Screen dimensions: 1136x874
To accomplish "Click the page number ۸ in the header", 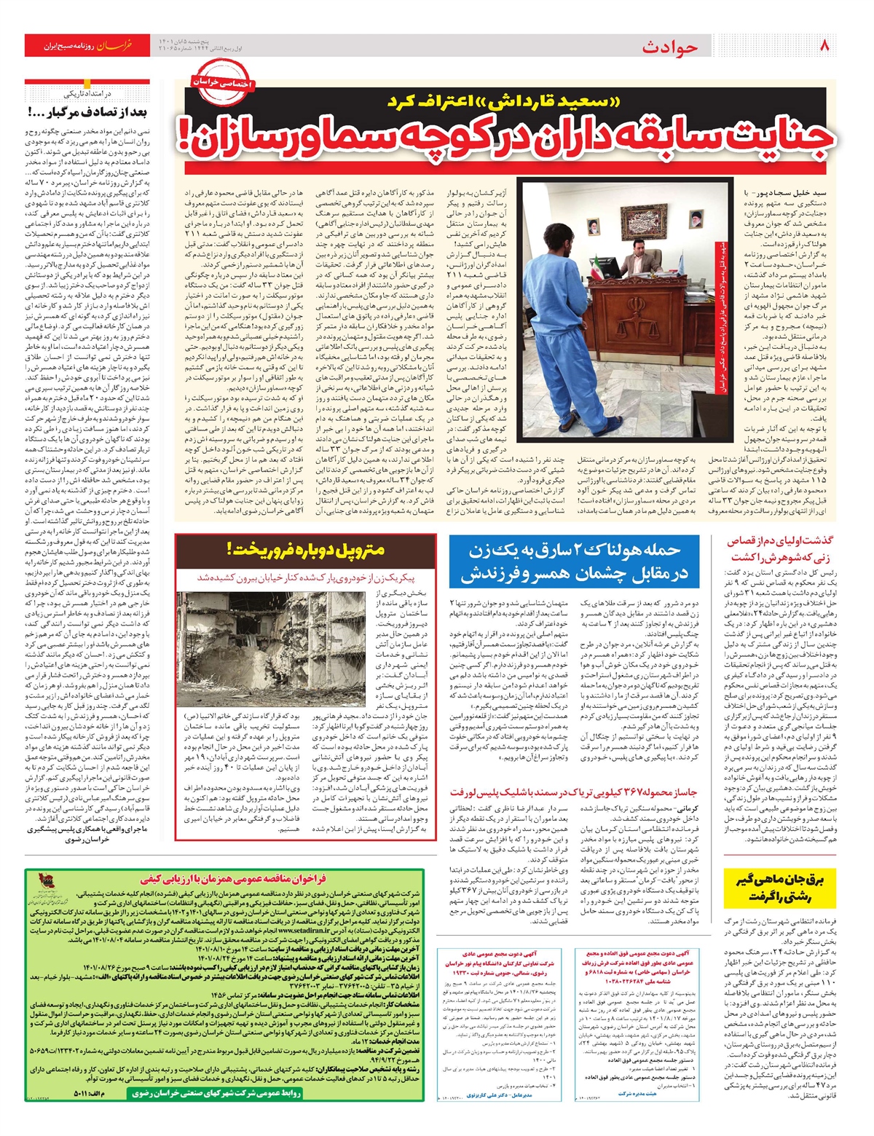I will [824, 46].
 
